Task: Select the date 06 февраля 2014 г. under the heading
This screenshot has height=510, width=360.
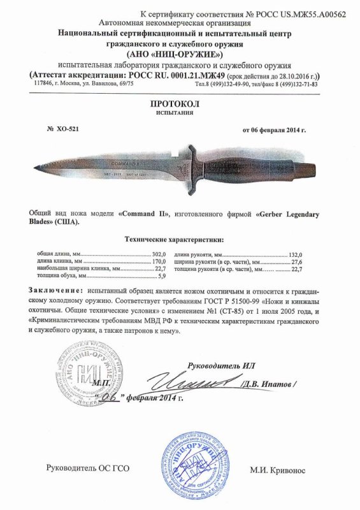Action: pos(274,129)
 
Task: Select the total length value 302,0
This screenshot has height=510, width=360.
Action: pos(159,254)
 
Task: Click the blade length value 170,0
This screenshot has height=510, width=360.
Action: pos(159,262)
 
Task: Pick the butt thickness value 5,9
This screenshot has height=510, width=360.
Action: pos(161,276)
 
